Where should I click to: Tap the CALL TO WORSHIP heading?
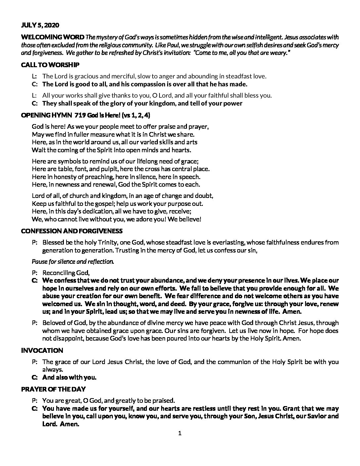(50, 65)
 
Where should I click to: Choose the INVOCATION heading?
(42, 350)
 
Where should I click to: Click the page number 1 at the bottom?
(180, 433)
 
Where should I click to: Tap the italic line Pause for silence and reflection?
(73, 261)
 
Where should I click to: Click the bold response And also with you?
(69, 377)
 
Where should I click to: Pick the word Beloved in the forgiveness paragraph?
(53, 323)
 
